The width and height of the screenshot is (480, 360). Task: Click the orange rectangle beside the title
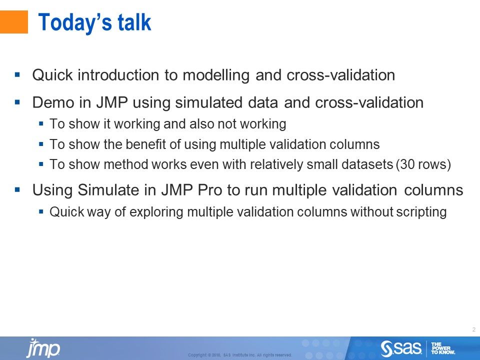13,22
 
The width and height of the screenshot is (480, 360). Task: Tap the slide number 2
473,329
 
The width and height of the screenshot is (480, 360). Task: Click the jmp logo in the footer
43,348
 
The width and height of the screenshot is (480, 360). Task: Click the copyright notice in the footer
239,355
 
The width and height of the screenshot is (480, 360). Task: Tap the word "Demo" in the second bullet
51,103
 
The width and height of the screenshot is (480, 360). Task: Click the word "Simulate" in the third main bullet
102,190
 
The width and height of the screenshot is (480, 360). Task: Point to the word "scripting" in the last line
418,212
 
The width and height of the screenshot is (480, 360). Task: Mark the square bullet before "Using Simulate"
17,190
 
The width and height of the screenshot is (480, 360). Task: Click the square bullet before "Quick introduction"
17,75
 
